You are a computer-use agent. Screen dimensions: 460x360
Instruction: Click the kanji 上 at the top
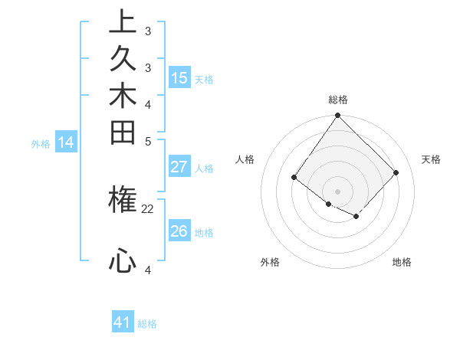click(x=123, y=22)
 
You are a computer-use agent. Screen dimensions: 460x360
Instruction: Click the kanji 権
click(x=123, y=201)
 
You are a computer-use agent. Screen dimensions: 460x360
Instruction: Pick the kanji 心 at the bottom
click(x=123, y=261)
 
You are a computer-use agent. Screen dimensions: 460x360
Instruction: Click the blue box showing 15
click(x=179, y=77)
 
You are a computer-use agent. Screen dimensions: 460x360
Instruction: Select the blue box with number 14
click(x=66, y=142)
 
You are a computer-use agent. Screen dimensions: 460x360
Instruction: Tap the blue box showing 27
click(x=179, y=167)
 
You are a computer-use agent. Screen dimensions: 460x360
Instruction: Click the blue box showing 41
click(x=123, y=322)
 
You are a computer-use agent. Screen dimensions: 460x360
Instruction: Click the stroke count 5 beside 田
click(x=148, y=140)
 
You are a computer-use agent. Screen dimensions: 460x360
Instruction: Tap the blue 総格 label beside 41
click(x=147, y=324)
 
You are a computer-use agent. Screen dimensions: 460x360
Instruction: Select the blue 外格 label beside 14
click(x=41, y=143)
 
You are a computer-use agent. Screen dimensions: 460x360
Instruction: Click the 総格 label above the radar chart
click(x=337, y=100)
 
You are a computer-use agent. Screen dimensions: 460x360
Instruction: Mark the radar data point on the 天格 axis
click(x=396, y=172)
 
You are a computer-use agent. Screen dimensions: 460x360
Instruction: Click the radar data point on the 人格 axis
click(x=294, y=178)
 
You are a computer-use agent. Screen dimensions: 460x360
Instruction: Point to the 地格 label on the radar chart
click(x=402, y=262)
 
